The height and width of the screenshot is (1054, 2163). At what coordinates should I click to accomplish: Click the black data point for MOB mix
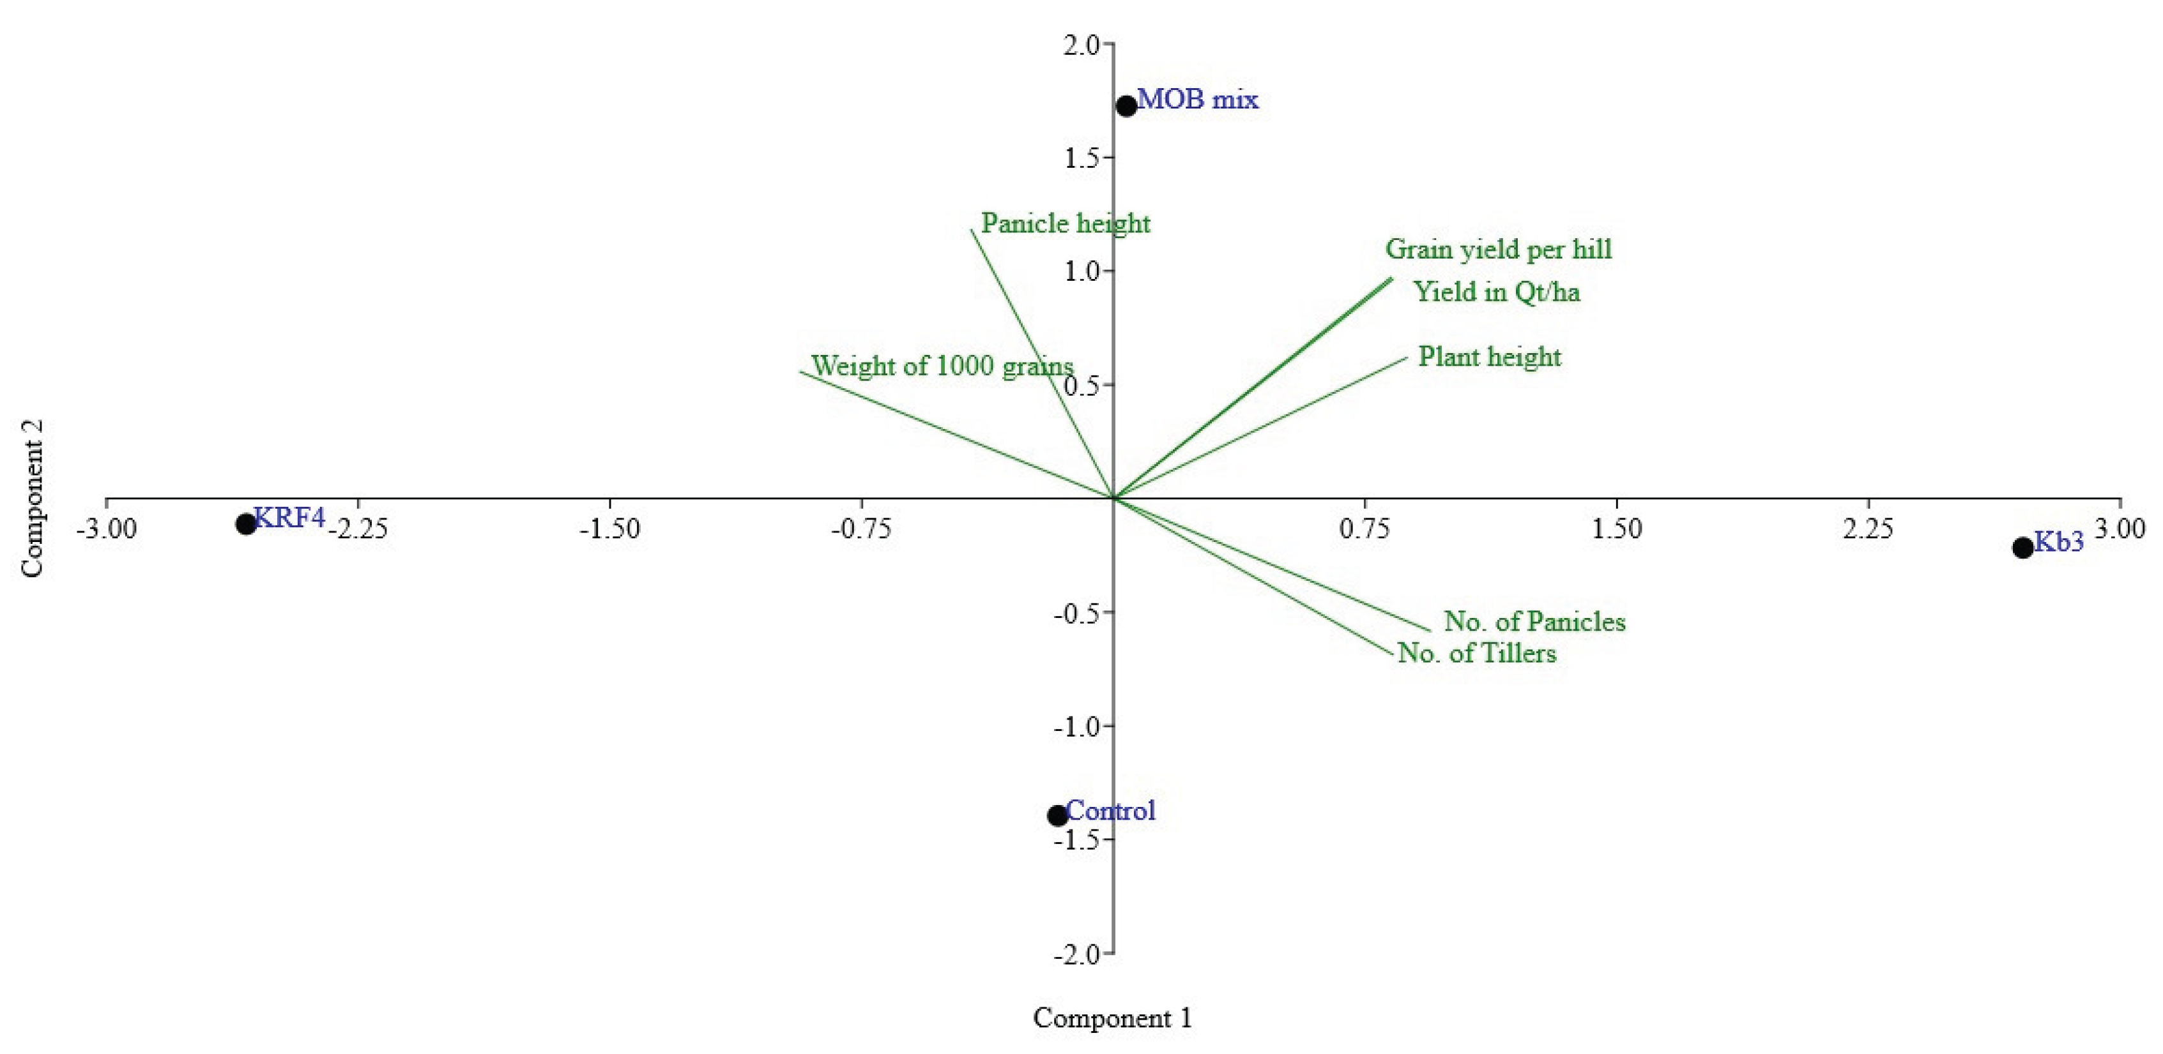coord(1126,106)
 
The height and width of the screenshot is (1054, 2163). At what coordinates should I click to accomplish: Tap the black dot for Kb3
coord(2022,547)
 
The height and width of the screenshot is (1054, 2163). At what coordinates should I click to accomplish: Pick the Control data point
coord(1057,815)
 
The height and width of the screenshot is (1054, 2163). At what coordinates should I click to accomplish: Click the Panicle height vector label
coord(1065,223)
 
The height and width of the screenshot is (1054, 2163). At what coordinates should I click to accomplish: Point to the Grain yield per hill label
coord(1498,248)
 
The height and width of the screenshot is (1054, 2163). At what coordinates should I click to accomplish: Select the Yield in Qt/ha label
coord(1496,291)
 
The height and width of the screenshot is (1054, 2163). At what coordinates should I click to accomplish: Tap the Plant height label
coord(1489,357)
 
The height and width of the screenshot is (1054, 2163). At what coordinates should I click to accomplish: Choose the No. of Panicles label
coord(1534,621)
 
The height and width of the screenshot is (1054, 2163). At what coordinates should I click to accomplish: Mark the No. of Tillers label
coord(1476,653)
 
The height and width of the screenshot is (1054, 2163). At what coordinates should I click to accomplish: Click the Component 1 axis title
coord(1112,1018)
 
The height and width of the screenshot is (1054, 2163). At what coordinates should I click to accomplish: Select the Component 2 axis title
coord(32,499)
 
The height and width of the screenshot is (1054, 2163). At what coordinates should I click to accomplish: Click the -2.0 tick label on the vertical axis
coord(1077,954)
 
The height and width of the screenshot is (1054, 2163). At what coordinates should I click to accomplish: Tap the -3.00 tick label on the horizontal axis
coord(106,529)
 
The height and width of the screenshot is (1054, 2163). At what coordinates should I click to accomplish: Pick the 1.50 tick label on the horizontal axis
coord(1616,529)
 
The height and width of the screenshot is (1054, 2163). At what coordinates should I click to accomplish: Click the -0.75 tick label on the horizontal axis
coord(860,529)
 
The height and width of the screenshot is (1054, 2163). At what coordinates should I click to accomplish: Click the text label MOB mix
coord(1197,100)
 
